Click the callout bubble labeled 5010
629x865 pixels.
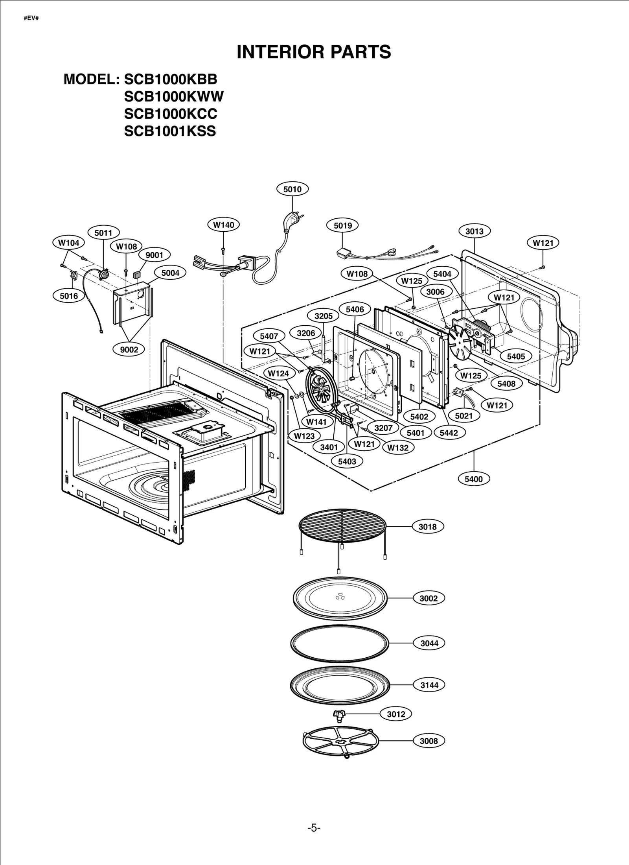click(292, 189)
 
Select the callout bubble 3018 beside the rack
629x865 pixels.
click(428, 527)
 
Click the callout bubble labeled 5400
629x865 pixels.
click(473, 479)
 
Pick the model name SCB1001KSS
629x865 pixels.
click(170, 131)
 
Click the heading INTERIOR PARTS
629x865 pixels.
click(314, 52)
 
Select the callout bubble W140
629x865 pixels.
click(223, 225)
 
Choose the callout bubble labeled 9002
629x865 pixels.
click(129, 350)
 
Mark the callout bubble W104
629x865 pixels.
click(68, 243)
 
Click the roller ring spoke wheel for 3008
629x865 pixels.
click(340, 741)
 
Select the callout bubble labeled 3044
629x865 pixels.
click(429, 644)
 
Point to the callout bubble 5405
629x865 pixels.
click(516, 356)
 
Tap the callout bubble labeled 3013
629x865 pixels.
click(474, 231)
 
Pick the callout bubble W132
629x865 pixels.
click(397, 448)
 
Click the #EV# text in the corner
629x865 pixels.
click(31, 18)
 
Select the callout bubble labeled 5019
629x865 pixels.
click(342, 225)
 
